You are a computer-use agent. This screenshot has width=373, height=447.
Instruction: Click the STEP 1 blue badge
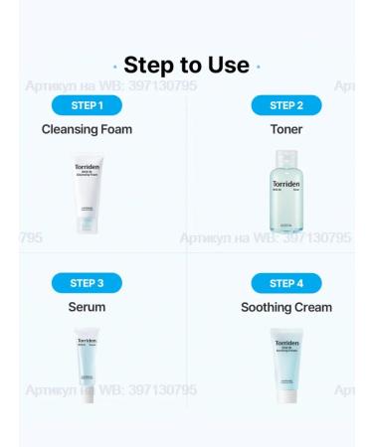click(87, 105)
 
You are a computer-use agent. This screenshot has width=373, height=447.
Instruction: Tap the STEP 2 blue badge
click(286, 105)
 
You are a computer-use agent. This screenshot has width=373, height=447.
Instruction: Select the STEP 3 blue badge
click(87, 283)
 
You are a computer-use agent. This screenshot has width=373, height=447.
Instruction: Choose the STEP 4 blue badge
click(286, 283)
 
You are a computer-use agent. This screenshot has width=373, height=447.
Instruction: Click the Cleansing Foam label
click(87, 129)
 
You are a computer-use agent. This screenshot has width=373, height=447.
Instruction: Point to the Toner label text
click(286, 129)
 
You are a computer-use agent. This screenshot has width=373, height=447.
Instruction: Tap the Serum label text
click(87, 307)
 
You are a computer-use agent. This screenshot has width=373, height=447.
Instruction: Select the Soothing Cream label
click(286, 307)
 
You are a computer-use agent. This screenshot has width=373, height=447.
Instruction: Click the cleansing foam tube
click(88, 193)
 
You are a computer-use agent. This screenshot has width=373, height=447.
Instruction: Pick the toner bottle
click(285, 193)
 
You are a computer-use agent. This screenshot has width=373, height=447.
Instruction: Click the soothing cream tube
click(286, 366)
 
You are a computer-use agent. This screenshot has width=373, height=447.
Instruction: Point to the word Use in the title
click(227, 66)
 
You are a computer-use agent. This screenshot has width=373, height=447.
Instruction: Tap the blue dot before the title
click(115, 67)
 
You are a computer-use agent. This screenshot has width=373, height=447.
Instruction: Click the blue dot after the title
click(259, 67)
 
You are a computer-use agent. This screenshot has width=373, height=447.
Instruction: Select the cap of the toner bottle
click(285, 157)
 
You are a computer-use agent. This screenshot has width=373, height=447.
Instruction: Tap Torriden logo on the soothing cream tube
click(286, 345)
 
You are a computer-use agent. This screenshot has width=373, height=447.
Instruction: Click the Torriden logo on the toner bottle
click(285, 184)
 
